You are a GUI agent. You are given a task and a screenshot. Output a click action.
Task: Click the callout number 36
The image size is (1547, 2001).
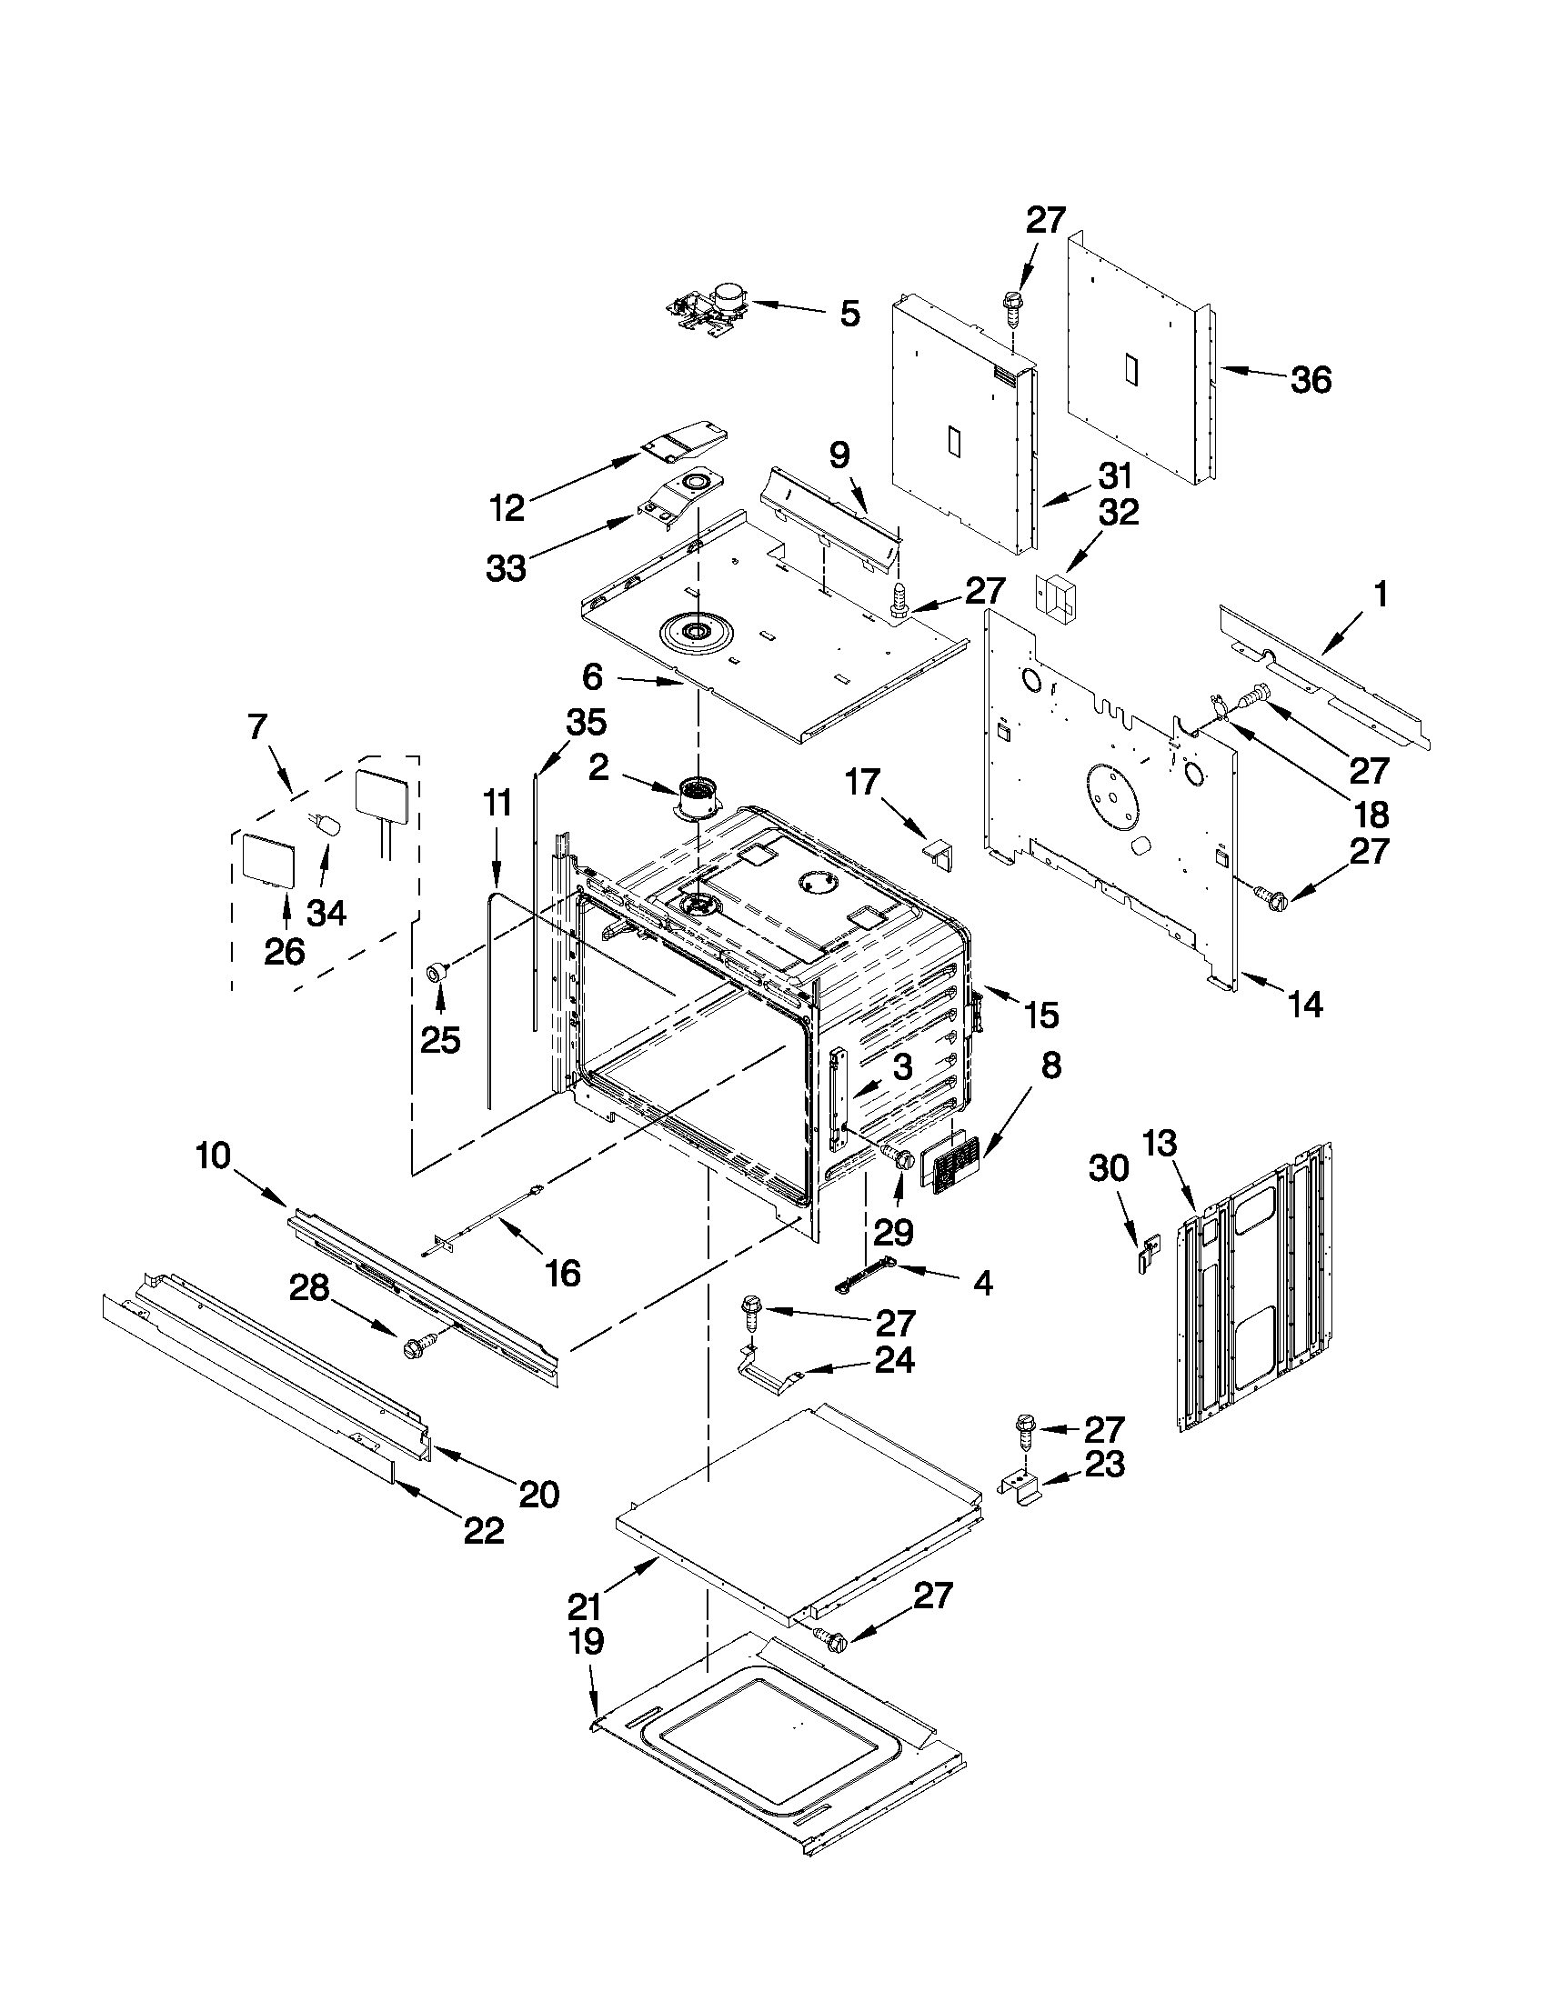[1310, 380]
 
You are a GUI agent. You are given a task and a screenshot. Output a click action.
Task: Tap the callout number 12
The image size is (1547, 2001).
[506, 506]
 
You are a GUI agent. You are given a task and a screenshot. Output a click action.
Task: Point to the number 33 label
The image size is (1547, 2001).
[506, 568]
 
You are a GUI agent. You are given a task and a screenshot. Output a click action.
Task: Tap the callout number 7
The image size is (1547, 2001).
[257, 727]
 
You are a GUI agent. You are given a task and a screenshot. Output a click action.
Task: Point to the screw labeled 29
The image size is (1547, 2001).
[898, 1158]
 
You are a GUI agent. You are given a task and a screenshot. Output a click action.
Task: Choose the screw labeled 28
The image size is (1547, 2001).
[418, 1345]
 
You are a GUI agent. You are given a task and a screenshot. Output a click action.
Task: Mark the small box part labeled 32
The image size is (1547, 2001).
[1054, 596]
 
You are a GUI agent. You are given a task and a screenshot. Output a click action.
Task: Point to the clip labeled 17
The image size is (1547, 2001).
[938, 851]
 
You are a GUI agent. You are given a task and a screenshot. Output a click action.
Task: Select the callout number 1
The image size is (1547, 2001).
[1381, 596]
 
